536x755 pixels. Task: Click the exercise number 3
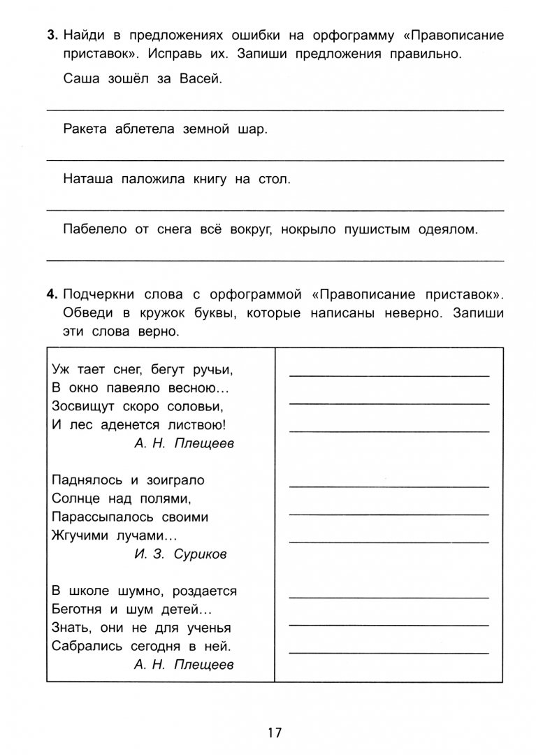pyautogui.click(x=52, y=35)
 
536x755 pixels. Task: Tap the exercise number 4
pyautogui.click(x=52, y=295)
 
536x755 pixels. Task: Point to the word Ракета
pyautogui.click(x=84, y=129)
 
